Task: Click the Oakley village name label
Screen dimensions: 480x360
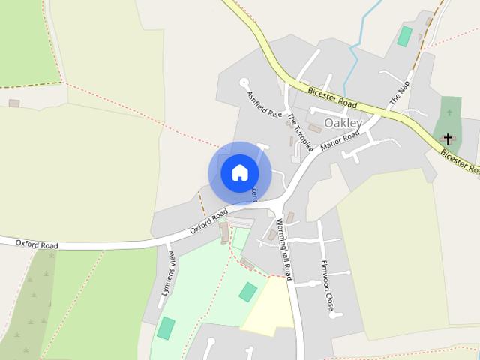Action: click(343, 123)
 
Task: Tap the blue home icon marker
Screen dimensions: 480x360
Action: click(239, 172)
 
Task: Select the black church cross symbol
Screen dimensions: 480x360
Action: click(448, 139)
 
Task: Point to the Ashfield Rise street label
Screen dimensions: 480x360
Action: click(265, 103)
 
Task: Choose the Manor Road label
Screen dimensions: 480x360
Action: click(340, 140)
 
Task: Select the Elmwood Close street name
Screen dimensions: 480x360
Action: click(327, 285)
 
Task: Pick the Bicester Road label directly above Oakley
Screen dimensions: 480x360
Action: click(331, 97)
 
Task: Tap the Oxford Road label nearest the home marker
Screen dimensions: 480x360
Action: click(209, 222)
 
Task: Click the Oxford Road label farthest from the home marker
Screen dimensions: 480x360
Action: click(37, 244)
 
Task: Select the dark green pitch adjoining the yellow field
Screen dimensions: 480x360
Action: click(247, 292)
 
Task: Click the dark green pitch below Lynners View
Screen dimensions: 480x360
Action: click(166, 328)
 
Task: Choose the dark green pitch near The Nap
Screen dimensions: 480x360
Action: click(405, 36)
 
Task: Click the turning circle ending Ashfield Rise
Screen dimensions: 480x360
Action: click(244, 82)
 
